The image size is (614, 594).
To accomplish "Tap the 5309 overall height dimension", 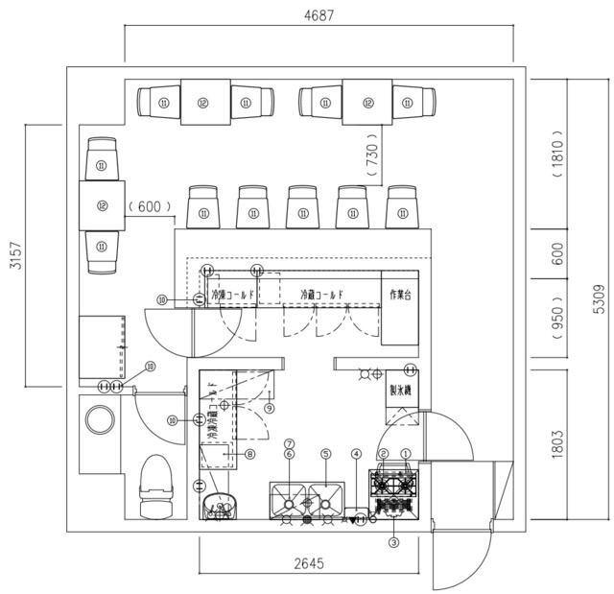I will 599,297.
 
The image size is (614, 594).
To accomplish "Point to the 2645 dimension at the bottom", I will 308,563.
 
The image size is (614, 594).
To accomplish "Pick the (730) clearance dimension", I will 373,154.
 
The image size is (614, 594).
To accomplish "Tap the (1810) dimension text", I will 557,154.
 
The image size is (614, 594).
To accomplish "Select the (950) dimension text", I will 557,323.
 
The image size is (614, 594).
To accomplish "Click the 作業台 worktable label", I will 399,294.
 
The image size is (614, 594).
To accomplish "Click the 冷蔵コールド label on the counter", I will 321,294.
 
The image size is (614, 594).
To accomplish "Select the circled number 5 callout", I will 326,454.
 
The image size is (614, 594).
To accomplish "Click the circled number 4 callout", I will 356,454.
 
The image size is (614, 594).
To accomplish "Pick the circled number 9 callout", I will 269,408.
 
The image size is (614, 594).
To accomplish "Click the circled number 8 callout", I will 249,454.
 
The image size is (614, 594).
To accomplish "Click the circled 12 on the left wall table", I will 101,205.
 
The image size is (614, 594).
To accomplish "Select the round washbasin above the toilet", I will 99,421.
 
